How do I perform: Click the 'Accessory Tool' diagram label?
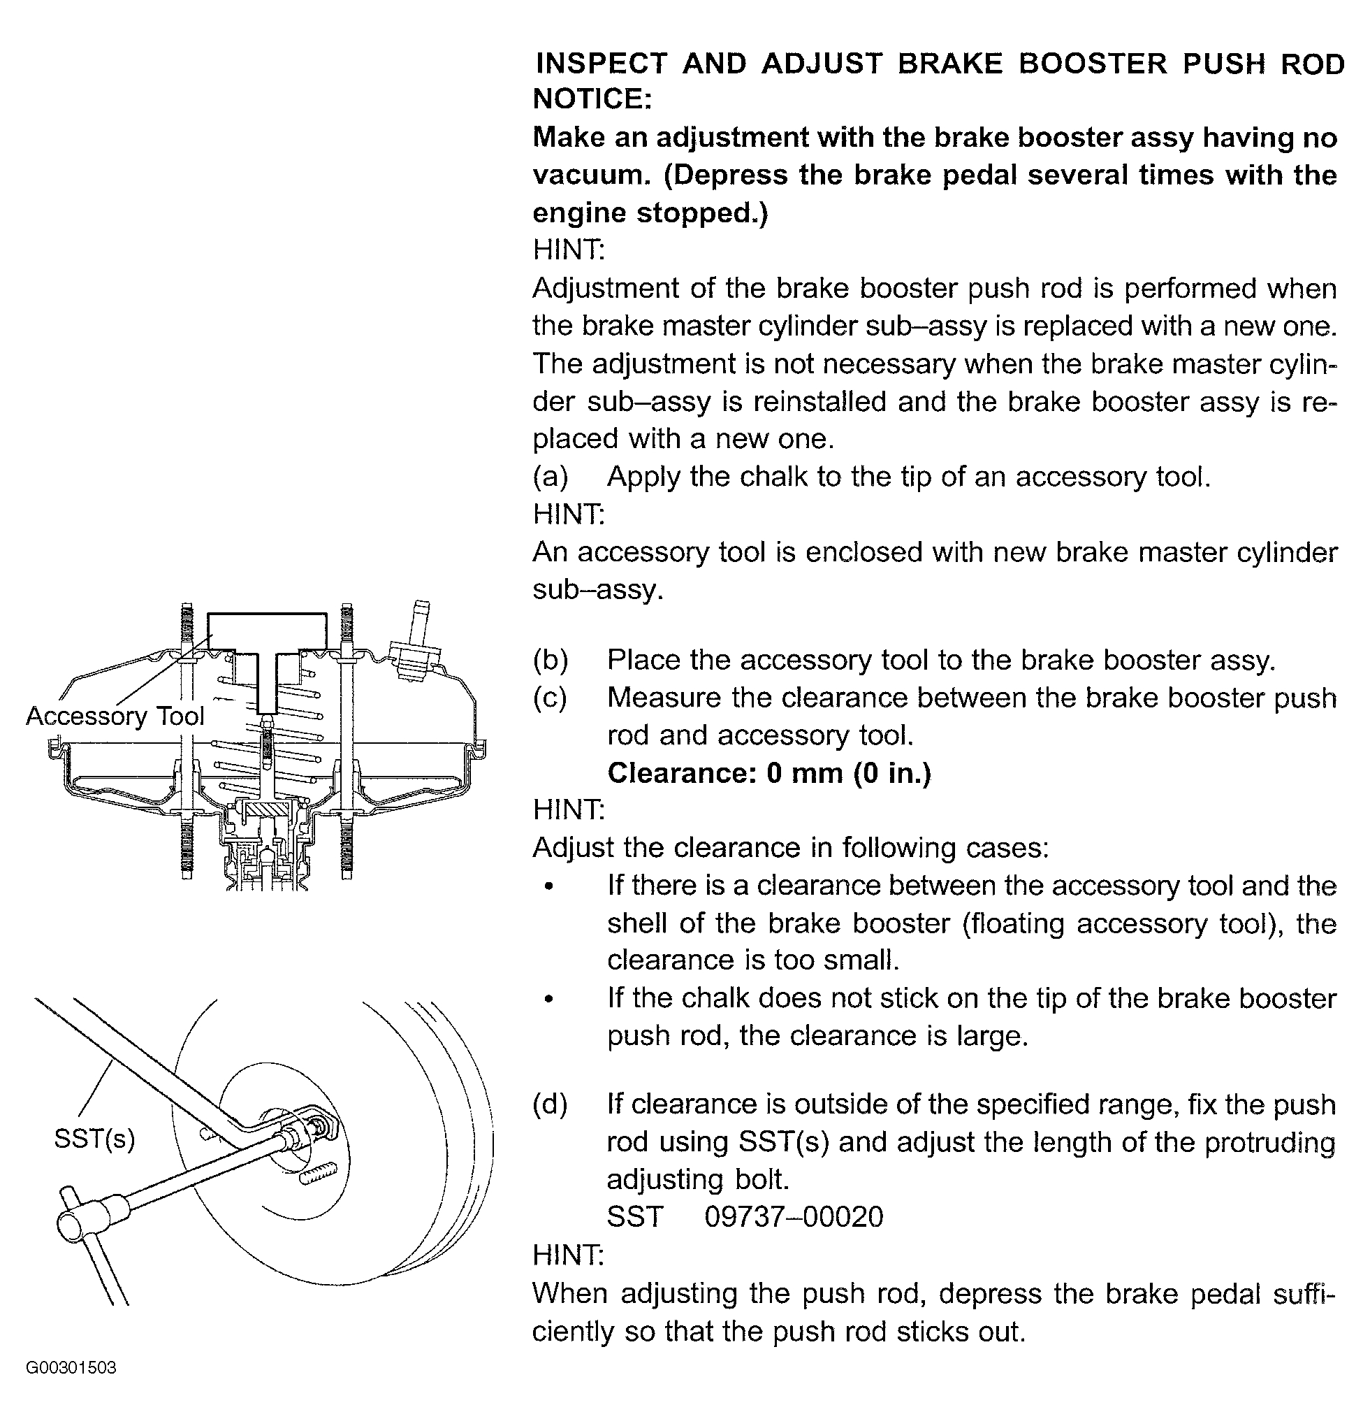(x=115, y=716)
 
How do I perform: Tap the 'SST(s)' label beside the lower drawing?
(x=94, y=1139)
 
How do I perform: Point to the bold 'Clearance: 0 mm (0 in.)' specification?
(x=769, y=772)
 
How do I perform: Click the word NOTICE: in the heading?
(x=592, y=99)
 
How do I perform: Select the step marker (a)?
(x=551, y=477)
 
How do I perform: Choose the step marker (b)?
(x=551, y=661)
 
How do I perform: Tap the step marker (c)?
(x=551, y=698)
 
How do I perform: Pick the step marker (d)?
(x=551, y=1104)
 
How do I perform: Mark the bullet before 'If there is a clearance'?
(x=550, y=887)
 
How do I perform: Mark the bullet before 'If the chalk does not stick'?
(x=550, y=1000)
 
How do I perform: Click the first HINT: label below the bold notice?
(x=569, y=250)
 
